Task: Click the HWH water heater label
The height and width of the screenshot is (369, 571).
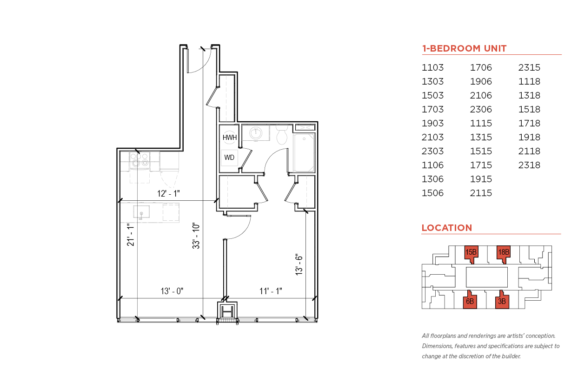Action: [230, 138]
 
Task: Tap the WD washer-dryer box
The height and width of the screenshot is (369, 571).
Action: [229, 158]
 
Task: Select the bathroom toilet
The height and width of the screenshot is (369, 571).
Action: [282, 135]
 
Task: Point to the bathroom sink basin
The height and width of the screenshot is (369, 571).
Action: [256, 133]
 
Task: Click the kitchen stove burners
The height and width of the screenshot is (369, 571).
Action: [139, 160]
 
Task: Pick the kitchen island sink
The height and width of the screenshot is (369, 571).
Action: [141, 212]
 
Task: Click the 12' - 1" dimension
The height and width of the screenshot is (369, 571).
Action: [168, 194]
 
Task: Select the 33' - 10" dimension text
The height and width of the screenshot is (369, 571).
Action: [196, 236]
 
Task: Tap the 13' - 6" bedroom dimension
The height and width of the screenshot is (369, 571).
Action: [299, 264]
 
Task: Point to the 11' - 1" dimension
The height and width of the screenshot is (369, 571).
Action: [271, 291]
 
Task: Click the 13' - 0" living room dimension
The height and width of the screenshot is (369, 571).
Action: [172, 291]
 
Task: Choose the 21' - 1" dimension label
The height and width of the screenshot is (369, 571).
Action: [130, 235]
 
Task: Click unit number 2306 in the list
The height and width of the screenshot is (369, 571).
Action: [481, 109]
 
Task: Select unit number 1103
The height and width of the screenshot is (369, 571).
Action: [432, 67]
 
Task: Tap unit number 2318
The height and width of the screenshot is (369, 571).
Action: [529, 165]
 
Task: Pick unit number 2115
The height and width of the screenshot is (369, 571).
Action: [481, 193]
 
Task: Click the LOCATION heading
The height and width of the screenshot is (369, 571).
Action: [447, 228]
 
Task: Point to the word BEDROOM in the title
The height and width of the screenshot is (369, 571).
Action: [456, 48]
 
